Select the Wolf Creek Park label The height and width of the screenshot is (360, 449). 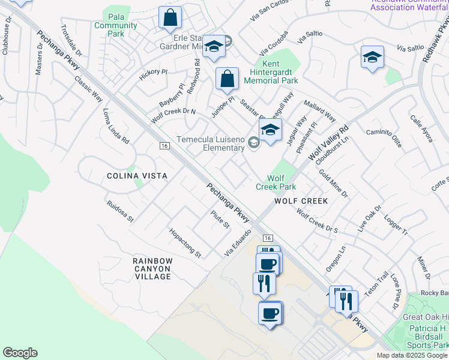pyautogui.click(x=276, y=182)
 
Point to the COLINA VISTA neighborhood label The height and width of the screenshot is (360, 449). pyautogui.click(x=136, y=175)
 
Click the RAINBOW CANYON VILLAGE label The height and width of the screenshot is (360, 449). pyautogui.click(x=152, y=268)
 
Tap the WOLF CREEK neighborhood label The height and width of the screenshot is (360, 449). pyautogui.click(x=301, y=201)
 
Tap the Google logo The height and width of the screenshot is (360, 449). pyautogui.click(x=20, y=353)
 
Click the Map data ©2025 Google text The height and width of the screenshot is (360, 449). pyautogui.click(x=412, y=355)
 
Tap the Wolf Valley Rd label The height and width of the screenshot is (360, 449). pyautogui.click(x=329, y=143)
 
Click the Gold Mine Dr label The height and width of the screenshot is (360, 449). pyautogui.click(x=333, y=184)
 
